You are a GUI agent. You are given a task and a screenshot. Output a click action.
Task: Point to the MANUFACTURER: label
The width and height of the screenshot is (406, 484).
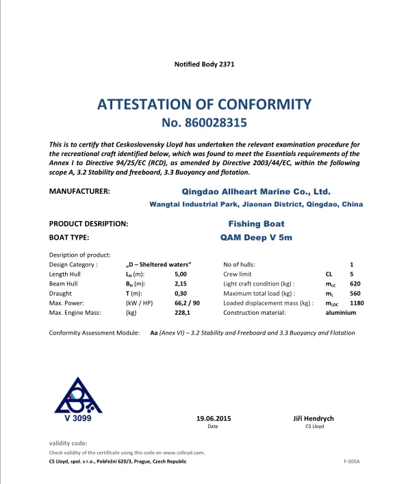[x=79, y=192]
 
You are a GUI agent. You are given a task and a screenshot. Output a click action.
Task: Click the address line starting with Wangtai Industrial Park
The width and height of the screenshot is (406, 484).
[x=256, y=204]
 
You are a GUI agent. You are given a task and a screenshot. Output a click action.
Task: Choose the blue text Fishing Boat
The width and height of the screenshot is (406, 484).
[x=256, y=224]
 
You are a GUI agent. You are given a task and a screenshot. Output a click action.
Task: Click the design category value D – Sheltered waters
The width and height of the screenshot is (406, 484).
[x=159, y=264]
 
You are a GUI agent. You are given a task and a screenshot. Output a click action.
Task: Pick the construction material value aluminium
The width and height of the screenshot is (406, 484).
[x=340, y=312]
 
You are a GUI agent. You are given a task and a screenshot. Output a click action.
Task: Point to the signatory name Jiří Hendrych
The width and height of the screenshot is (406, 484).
[x=314, y=418]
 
